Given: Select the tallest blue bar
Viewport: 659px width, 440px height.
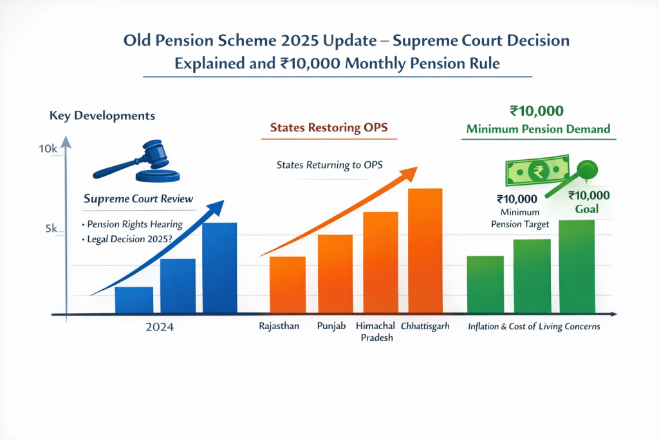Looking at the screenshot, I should point(219,268).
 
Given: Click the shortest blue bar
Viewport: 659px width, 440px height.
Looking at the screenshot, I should point(134,300).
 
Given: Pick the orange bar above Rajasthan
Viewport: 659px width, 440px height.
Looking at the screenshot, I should point(287,285).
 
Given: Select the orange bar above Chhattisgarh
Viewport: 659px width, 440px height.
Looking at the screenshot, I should point(425,251).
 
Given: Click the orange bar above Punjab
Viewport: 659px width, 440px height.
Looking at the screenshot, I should point(335,274).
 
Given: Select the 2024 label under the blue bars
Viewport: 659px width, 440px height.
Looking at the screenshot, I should point(159,328).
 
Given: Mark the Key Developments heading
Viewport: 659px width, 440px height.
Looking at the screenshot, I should point(102,116).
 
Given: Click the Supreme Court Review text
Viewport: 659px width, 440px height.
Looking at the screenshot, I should point(138,200).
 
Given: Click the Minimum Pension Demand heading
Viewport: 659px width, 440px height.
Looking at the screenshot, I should point(538,129).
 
